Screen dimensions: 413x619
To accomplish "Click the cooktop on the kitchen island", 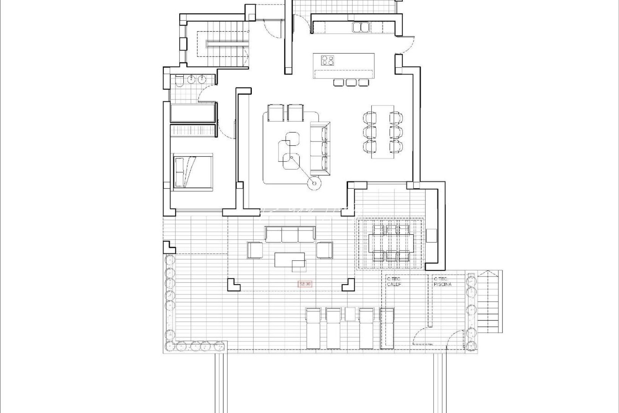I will pyautogui.click(x=328, y=60).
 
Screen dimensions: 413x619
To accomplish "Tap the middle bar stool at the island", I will pyautogui.click(x=351, y=82).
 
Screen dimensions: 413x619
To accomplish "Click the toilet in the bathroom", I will pyautogui.click(x=179, y=80).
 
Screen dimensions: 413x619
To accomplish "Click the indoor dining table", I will pyautogui.click(x=382, y=131).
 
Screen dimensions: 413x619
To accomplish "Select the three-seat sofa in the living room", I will pyautogui.click(x=319, y=148).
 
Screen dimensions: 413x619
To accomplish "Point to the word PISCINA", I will pyautogui.click(x=443, y=285).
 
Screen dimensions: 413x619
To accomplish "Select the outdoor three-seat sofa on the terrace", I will pyautogui.click(x=290, y=234).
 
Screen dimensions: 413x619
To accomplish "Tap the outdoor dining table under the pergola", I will pyautogui.click(x=391, y=242).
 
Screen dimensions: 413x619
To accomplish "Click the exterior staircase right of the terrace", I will pyautogui.click(x=489, y=302).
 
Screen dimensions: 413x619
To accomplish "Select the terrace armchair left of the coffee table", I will pyautogui.click(x=255, y=250).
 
